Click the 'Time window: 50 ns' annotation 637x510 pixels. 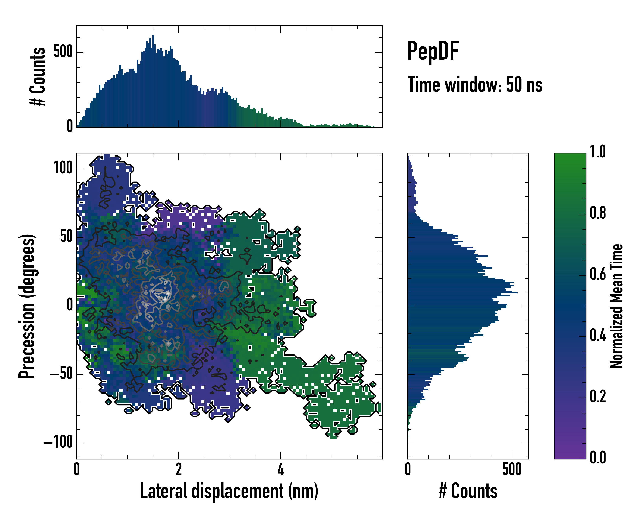pos(475,85)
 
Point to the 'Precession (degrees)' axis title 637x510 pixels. pos(27,306)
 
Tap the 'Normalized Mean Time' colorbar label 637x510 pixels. pos(616,306)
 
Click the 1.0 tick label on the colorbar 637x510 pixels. pos(598,152)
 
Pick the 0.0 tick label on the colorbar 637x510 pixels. pos(598,457)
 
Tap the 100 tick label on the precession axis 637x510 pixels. pos(63,168)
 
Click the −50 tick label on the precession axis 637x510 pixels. pos(61,374)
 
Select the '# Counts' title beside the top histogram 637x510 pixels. pos(38,76)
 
